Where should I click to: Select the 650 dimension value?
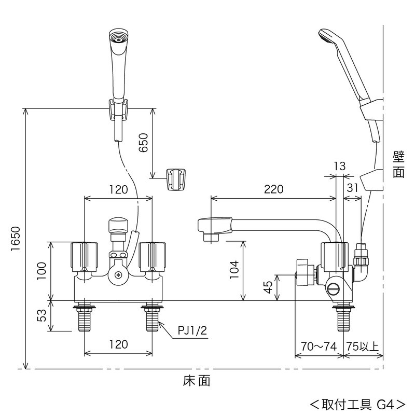[144, 143]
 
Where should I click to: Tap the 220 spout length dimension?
[273, 189]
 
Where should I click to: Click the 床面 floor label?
[197, 381]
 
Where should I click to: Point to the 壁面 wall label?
[398, 164]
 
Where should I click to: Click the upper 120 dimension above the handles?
[118, 189]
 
